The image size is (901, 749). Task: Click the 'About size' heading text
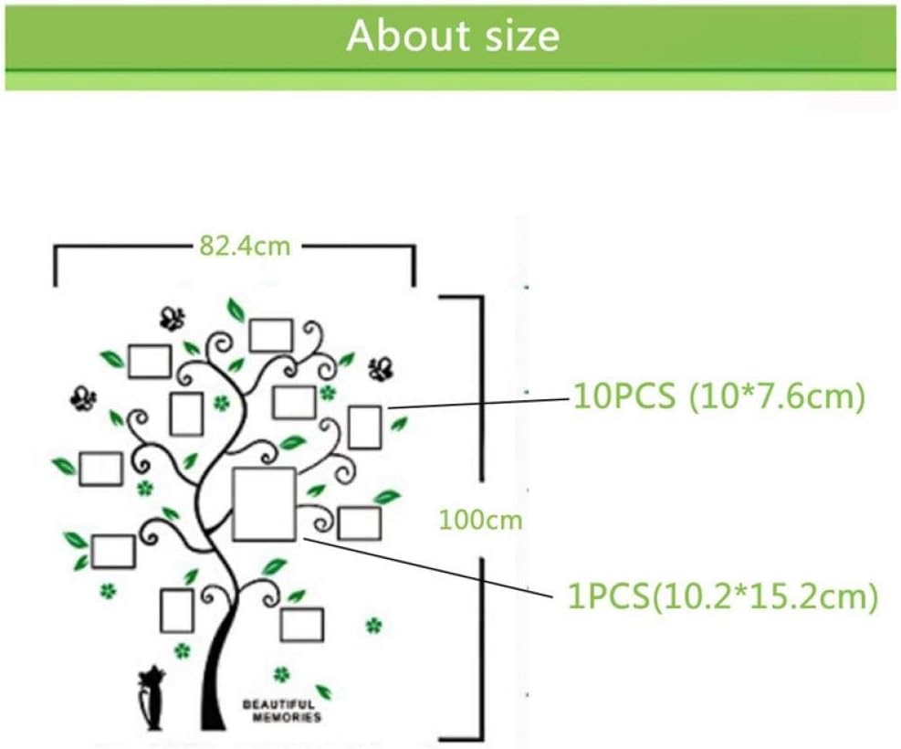point(452,36)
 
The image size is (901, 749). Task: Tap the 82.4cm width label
point(244,246)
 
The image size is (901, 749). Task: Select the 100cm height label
point(480,520)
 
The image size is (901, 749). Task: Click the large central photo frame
point(265,503)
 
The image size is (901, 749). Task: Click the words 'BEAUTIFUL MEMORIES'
point(281,711)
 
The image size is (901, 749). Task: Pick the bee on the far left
point(84,398)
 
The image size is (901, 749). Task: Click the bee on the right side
point(381,368)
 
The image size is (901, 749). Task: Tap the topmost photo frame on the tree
point(271,335)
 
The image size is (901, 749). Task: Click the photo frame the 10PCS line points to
point(364,427)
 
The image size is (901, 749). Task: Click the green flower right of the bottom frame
point(372,626)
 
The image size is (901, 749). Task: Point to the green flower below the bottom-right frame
point(281,674)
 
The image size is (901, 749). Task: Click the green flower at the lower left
point(109,591)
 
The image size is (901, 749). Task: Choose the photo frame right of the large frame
point(359,523)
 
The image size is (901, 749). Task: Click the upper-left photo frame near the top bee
point(150,361)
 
